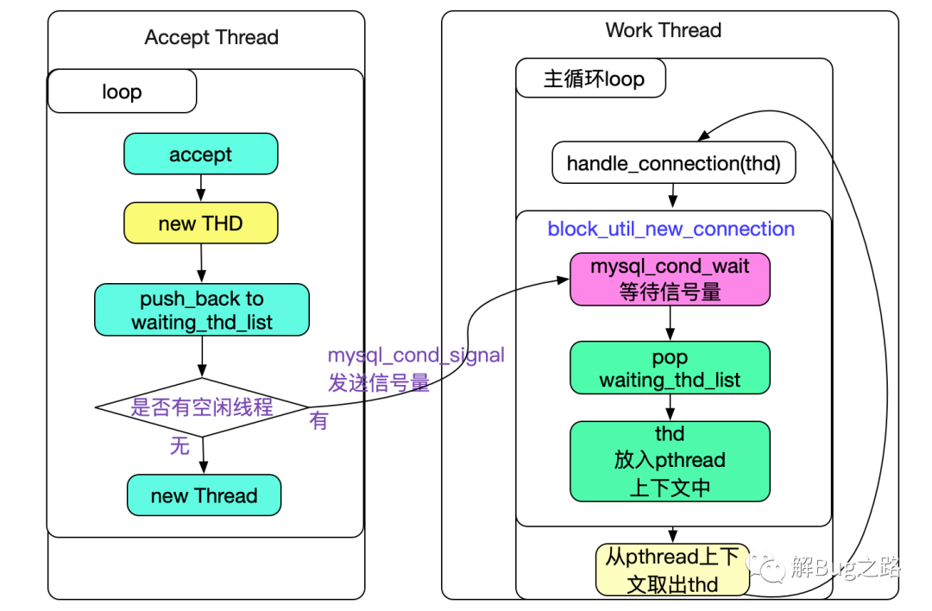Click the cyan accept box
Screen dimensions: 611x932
tap(200, 154)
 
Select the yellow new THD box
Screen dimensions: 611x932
tap(200, 224)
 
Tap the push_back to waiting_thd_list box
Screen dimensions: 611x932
tap(201, 311)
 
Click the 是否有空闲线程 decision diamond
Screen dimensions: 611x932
tap(202, 406)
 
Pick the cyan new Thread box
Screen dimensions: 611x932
tap(204, 495)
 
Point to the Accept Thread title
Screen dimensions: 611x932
tap(211, 38)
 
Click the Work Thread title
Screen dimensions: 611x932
tap(663, 30)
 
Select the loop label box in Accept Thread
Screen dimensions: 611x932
tap(122, 92)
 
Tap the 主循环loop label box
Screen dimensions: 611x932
tap(594, 79)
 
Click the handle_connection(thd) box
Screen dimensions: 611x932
tap(673, 163)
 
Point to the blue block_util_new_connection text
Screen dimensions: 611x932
tap(671, 229)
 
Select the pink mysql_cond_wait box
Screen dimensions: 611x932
tap(670, 279)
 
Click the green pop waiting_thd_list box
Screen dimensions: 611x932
tap(670, 368)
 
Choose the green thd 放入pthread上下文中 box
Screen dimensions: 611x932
tap(670, 460)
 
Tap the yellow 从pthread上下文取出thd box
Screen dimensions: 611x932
tap(672, 570)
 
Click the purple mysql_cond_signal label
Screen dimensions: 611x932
tap(416, 356)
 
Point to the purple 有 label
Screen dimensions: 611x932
tap(319, 421)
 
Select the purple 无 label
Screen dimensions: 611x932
tap(179, 445)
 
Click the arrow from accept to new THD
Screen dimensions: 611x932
tap(200, 188)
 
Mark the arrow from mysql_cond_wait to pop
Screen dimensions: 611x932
tap(670, 324)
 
